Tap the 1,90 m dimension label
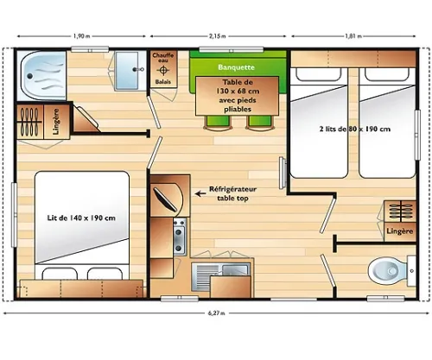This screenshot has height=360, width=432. pyautogui.click(x=83, y=36)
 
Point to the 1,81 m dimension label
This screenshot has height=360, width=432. pyautogui.click(x=352, y=36)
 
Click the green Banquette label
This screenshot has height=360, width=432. pyautogui.click(x=236, y=66)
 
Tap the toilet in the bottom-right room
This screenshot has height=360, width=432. pyautogui.click(x=384, y=269)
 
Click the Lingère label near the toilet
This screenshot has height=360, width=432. pyautogui.click(x=398, y=232)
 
